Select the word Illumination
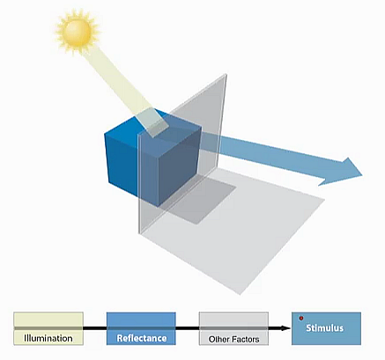(48, 338)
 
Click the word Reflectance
(142, 338)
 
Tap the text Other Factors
(233, 339)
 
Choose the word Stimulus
(324, 327)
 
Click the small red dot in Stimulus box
(301, 319)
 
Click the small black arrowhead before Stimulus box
(285, 328)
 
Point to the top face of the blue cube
(152, 125)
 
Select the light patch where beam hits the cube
(153, 122)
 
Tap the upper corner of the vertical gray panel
(226, 75)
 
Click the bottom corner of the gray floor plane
(241, 294)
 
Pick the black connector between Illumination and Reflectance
(95, 328)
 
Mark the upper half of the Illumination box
(48, 320)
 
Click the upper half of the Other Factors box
(233, 320)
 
